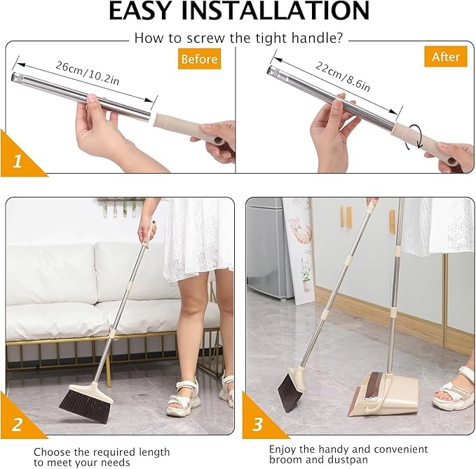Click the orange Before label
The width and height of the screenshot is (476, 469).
pos(199,59)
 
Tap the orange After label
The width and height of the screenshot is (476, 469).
pos(445,57)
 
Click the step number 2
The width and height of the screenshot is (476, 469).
pos(17,424)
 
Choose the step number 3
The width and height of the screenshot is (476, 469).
pos(257,424)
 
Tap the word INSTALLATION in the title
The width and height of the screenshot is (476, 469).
pos(289,12)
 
